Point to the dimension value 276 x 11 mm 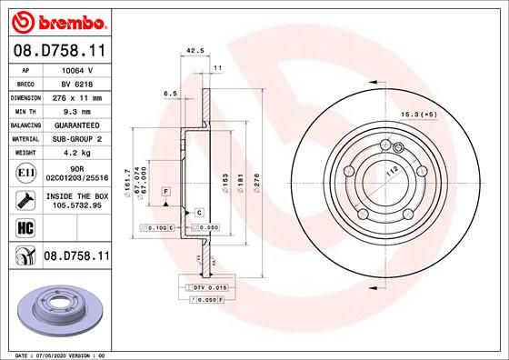(x=76, y=96)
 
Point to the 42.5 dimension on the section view (x=193, y=52)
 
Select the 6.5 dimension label (x=169, y=93)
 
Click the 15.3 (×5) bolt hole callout (x=419, y=115)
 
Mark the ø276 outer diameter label (x=257, y=186)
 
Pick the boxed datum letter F (x=166, y=192)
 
